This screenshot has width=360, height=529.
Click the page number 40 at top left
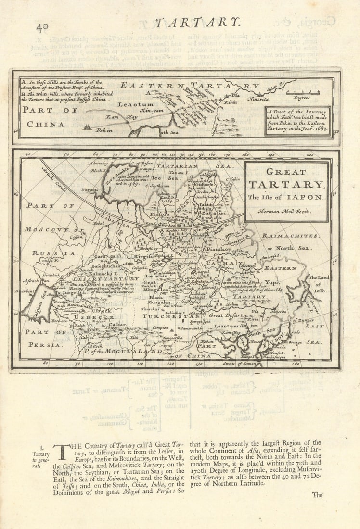[x=42, y=27]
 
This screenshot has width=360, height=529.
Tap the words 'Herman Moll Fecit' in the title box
[x=284, y=211]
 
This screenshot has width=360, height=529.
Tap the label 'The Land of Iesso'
[x=318, y=284]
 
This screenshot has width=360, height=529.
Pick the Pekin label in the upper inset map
[x=103, y=130]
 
